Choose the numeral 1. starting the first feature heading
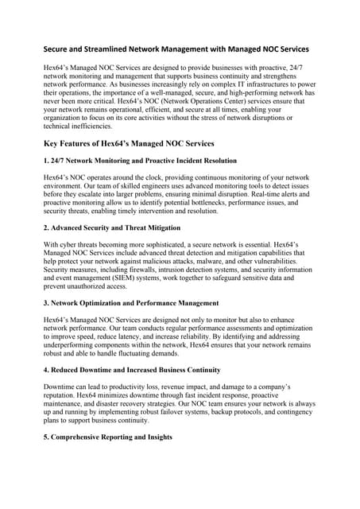pos(47,161)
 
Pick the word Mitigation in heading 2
pos(159,227)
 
